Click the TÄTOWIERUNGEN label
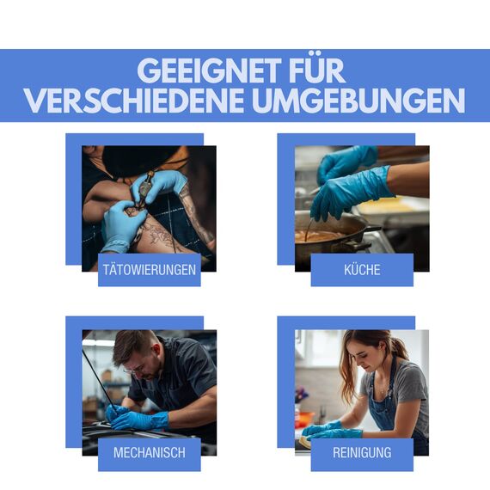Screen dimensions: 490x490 (x=149, y=270)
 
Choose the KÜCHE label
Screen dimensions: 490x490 (x=362, y=270)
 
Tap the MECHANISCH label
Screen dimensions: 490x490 (x=149, y=452)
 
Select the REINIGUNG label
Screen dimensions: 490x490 (x=362, y=452)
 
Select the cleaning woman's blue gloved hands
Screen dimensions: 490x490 (x=331, y=430)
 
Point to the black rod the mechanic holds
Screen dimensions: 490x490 (x=97, y=378)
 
